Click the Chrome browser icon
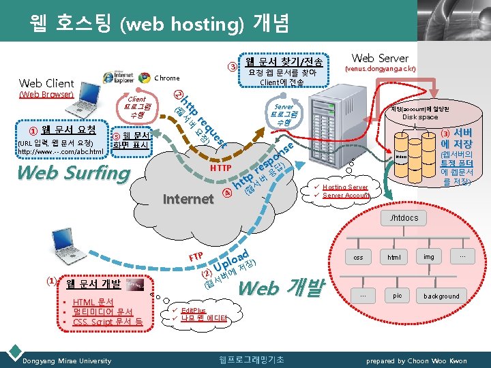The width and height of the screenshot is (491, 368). [144, 78]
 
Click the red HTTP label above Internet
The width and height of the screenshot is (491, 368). [220, 168]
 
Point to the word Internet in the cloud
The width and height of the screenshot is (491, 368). [188, 199]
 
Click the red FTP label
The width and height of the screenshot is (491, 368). [196, 257]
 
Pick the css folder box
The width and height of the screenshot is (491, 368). [358, 258]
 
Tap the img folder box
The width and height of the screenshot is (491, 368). [429, 258]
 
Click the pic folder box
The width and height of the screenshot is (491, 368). [397, 296]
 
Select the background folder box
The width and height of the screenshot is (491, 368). [441, 296]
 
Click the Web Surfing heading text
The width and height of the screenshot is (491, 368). [73, 172]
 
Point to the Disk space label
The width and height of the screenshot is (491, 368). [419, 117]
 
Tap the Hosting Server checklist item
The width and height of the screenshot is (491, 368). [345, 187]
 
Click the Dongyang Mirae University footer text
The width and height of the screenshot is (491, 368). [68, 361]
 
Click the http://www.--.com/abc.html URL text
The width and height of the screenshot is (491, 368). [61, 151]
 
